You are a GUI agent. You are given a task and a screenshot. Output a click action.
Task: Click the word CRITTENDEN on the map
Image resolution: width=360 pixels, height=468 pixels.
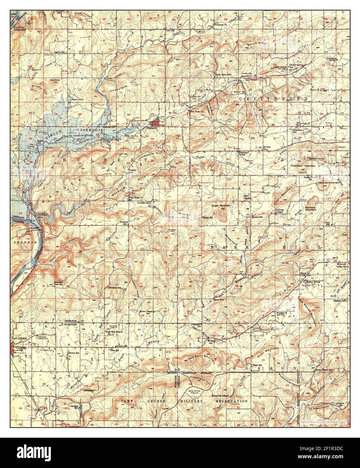(273, 98)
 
